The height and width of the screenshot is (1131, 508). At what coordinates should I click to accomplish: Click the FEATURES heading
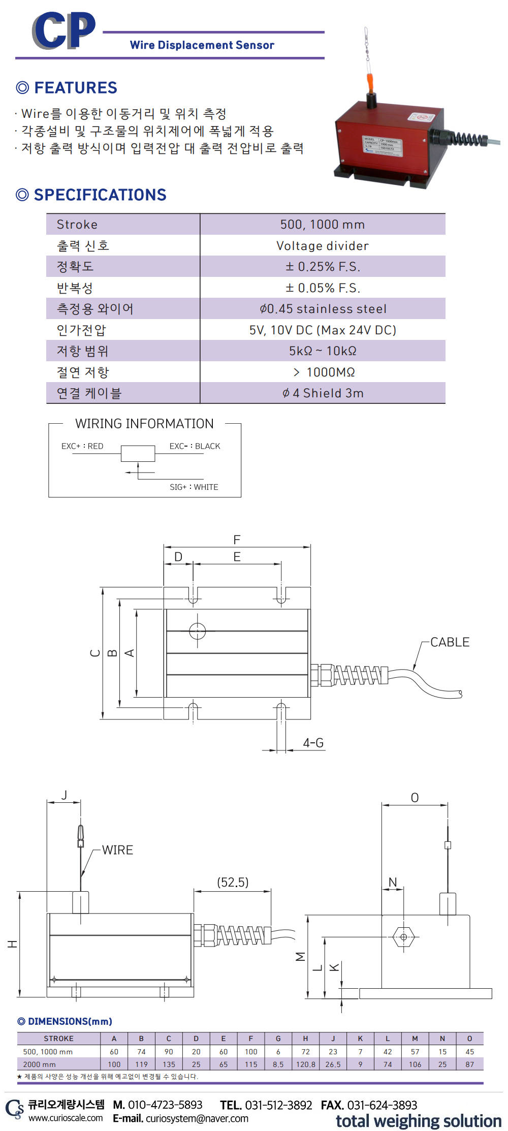(75, 88)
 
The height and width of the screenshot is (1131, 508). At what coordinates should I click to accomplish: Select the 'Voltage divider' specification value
(323, 246)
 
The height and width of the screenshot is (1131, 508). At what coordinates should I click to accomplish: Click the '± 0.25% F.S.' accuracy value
(323, 267)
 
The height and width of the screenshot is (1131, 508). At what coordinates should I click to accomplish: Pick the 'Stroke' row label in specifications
(77, 225)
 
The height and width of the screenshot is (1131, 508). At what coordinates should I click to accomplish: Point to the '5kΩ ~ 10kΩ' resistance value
(323, 351)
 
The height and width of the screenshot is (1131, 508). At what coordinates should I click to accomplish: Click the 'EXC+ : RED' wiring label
(82, 446)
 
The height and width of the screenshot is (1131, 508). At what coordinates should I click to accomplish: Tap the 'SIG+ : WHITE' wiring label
(194, 487)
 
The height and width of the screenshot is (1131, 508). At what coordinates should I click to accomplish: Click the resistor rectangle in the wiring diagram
(138, 453)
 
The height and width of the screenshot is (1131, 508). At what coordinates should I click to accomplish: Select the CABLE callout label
(450, 642)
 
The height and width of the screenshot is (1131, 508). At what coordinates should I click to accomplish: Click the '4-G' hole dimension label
(313, 743)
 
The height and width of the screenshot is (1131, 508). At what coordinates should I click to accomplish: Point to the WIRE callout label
(117, 850)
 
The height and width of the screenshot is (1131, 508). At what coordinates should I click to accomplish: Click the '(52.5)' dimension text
(233, 882)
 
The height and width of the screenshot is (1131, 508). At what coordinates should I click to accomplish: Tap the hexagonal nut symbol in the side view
(403, 936)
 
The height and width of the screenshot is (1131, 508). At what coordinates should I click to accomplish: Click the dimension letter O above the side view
(415, 798)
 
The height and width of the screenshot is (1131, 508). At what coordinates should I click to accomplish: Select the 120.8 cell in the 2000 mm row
(306, 1064)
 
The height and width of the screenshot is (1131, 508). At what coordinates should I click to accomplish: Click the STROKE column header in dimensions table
(58, 1039)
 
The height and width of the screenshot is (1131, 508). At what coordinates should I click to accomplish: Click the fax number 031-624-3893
(382, 1105)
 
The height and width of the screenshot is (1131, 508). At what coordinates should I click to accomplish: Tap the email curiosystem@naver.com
(197, 1118)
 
